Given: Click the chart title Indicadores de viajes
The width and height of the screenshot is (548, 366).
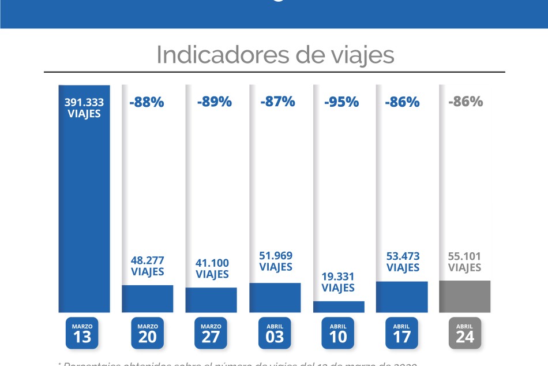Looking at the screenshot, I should (x=275, y=55).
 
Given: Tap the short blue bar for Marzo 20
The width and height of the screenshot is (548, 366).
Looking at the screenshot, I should (x=148, y=298).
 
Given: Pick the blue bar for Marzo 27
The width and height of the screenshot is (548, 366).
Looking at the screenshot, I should (x=211, y=300).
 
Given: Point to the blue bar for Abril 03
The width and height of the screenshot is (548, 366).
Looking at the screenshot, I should (x=275, y=297).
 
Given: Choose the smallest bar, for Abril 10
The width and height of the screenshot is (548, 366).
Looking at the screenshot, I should (x=339, y=307).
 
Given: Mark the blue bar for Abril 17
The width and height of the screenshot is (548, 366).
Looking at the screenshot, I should (x=402, y=297).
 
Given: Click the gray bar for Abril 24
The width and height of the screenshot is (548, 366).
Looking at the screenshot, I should (x=465, y=296).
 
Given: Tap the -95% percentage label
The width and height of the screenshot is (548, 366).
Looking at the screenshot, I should (x=341, y=102).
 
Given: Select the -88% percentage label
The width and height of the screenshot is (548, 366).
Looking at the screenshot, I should (x=147, y=102).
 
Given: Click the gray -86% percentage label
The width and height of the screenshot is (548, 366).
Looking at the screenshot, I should (x=466, y=102).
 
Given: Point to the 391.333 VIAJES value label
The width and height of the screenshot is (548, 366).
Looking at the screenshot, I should (x=84, y=107).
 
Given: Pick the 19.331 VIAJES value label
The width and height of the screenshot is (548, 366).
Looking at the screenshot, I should (x=338, y=282).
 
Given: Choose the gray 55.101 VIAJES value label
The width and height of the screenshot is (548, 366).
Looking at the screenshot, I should (x=465, y=262).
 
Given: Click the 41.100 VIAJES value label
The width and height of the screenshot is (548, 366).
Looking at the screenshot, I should (x=212, y=268).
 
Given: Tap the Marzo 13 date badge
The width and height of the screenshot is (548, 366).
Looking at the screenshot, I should (x=82, y=333).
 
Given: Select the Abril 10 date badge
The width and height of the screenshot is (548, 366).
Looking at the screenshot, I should (x=338, y=333).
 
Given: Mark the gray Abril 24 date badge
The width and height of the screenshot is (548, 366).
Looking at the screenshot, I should (x=465, y=333).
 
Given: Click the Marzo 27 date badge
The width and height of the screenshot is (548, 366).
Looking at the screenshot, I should (x=211, y=333).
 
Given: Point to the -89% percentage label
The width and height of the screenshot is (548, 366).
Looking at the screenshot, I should (x=214, y=102).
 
